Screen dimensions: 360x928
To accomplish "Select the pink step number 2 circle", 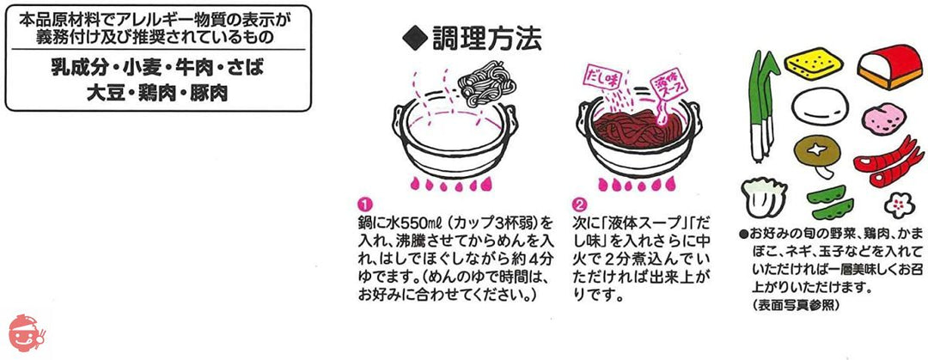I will point(577,204).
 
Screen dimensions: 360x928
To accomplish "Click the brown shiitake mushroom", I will point(813,153).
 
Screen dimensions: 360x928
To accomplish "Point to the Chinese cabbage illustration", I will point(761,198).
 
